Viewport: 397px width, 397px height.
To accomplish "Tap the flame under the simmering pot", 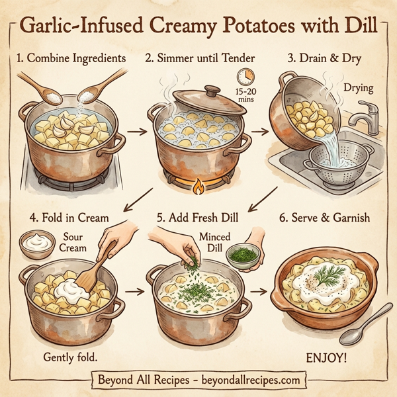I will click(x=198, y=187).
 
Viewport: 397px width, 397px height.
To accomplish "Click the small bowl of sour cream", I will click(x=37, y=243).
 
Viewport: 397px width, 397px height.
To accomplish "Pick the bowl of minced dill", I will click(x=242, y=253).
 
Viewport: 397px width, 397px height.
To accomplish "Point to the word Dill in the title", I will click(x=365, y=27).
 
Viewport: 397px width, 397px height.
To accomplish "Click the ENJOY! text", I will click(x=326, y=357).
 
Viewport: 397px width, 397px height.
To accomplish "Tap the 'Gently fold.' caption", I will click(x=70, y=357).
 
